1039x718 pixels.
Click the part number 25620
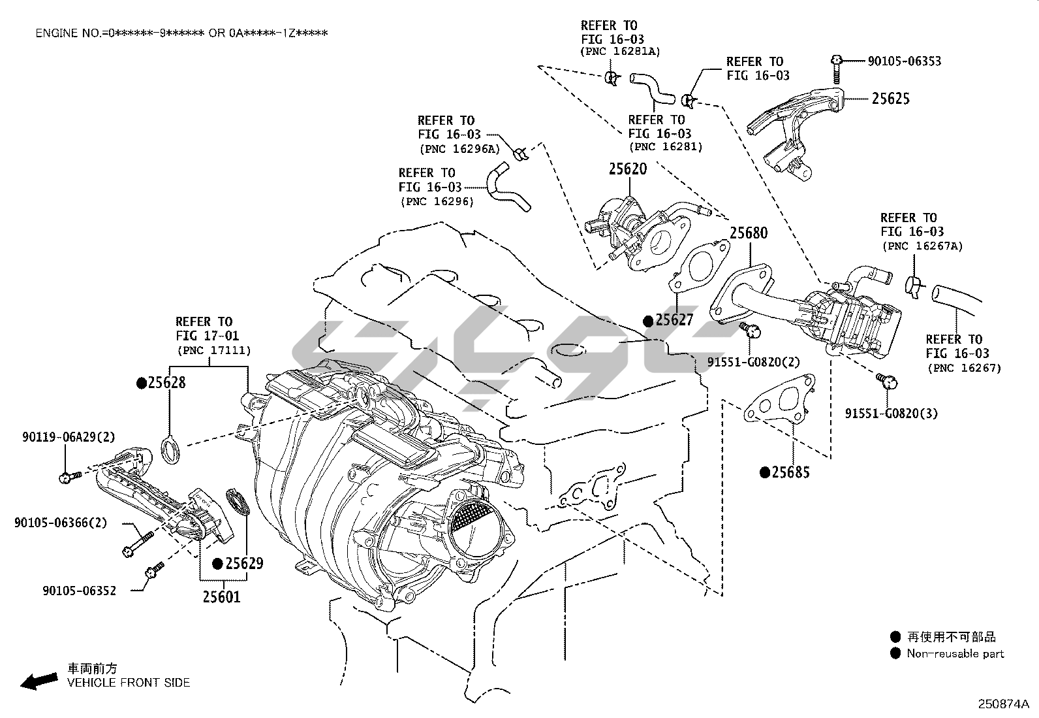[x=628, y=169]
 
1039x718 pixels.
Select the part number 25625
[x=890, y=99]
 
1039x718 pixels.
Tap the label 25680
[x=748, y=233]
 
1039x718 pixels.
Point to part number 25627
[x=674, y=320]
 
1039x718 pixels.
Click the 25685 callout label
[x=790, y=472]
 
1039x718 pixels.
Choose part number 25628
[x=166, y=383]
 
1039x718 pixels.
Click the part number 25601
[x=221, y=596]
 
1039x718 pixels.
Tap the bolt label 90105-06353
[x=905, y=61]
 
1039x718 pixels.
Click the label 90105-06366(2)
[x=61, y=523]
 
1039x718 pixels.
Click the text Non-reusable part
[x=955, y=653]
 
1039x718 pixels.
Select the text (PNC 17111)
[x=214, y=351]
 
